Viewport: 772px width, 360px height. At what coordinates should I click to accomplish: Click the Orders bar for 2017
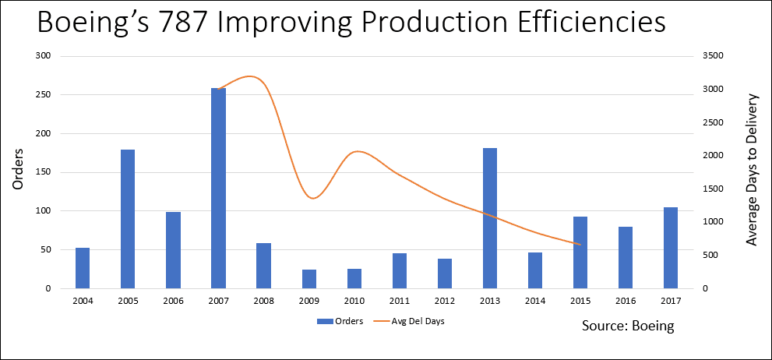pos(670,248)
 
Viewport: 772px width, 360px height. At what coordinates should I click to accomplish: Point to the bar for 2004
pos(82,268)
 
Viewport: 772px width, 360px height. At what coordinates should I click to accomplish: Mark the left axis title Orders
pos(17,171)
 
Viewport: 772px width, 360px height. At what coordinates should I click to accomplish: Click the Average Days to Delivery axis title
pos(752,170)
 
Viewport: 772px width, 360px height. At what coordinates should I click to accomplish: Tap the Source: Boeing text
pos(627,326)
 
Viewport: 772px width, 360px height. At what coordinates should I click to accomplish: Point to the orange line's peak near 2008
pos(250,76)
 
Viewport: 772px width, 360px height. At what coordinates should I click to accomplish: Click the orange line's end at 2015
pos(580,245)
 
